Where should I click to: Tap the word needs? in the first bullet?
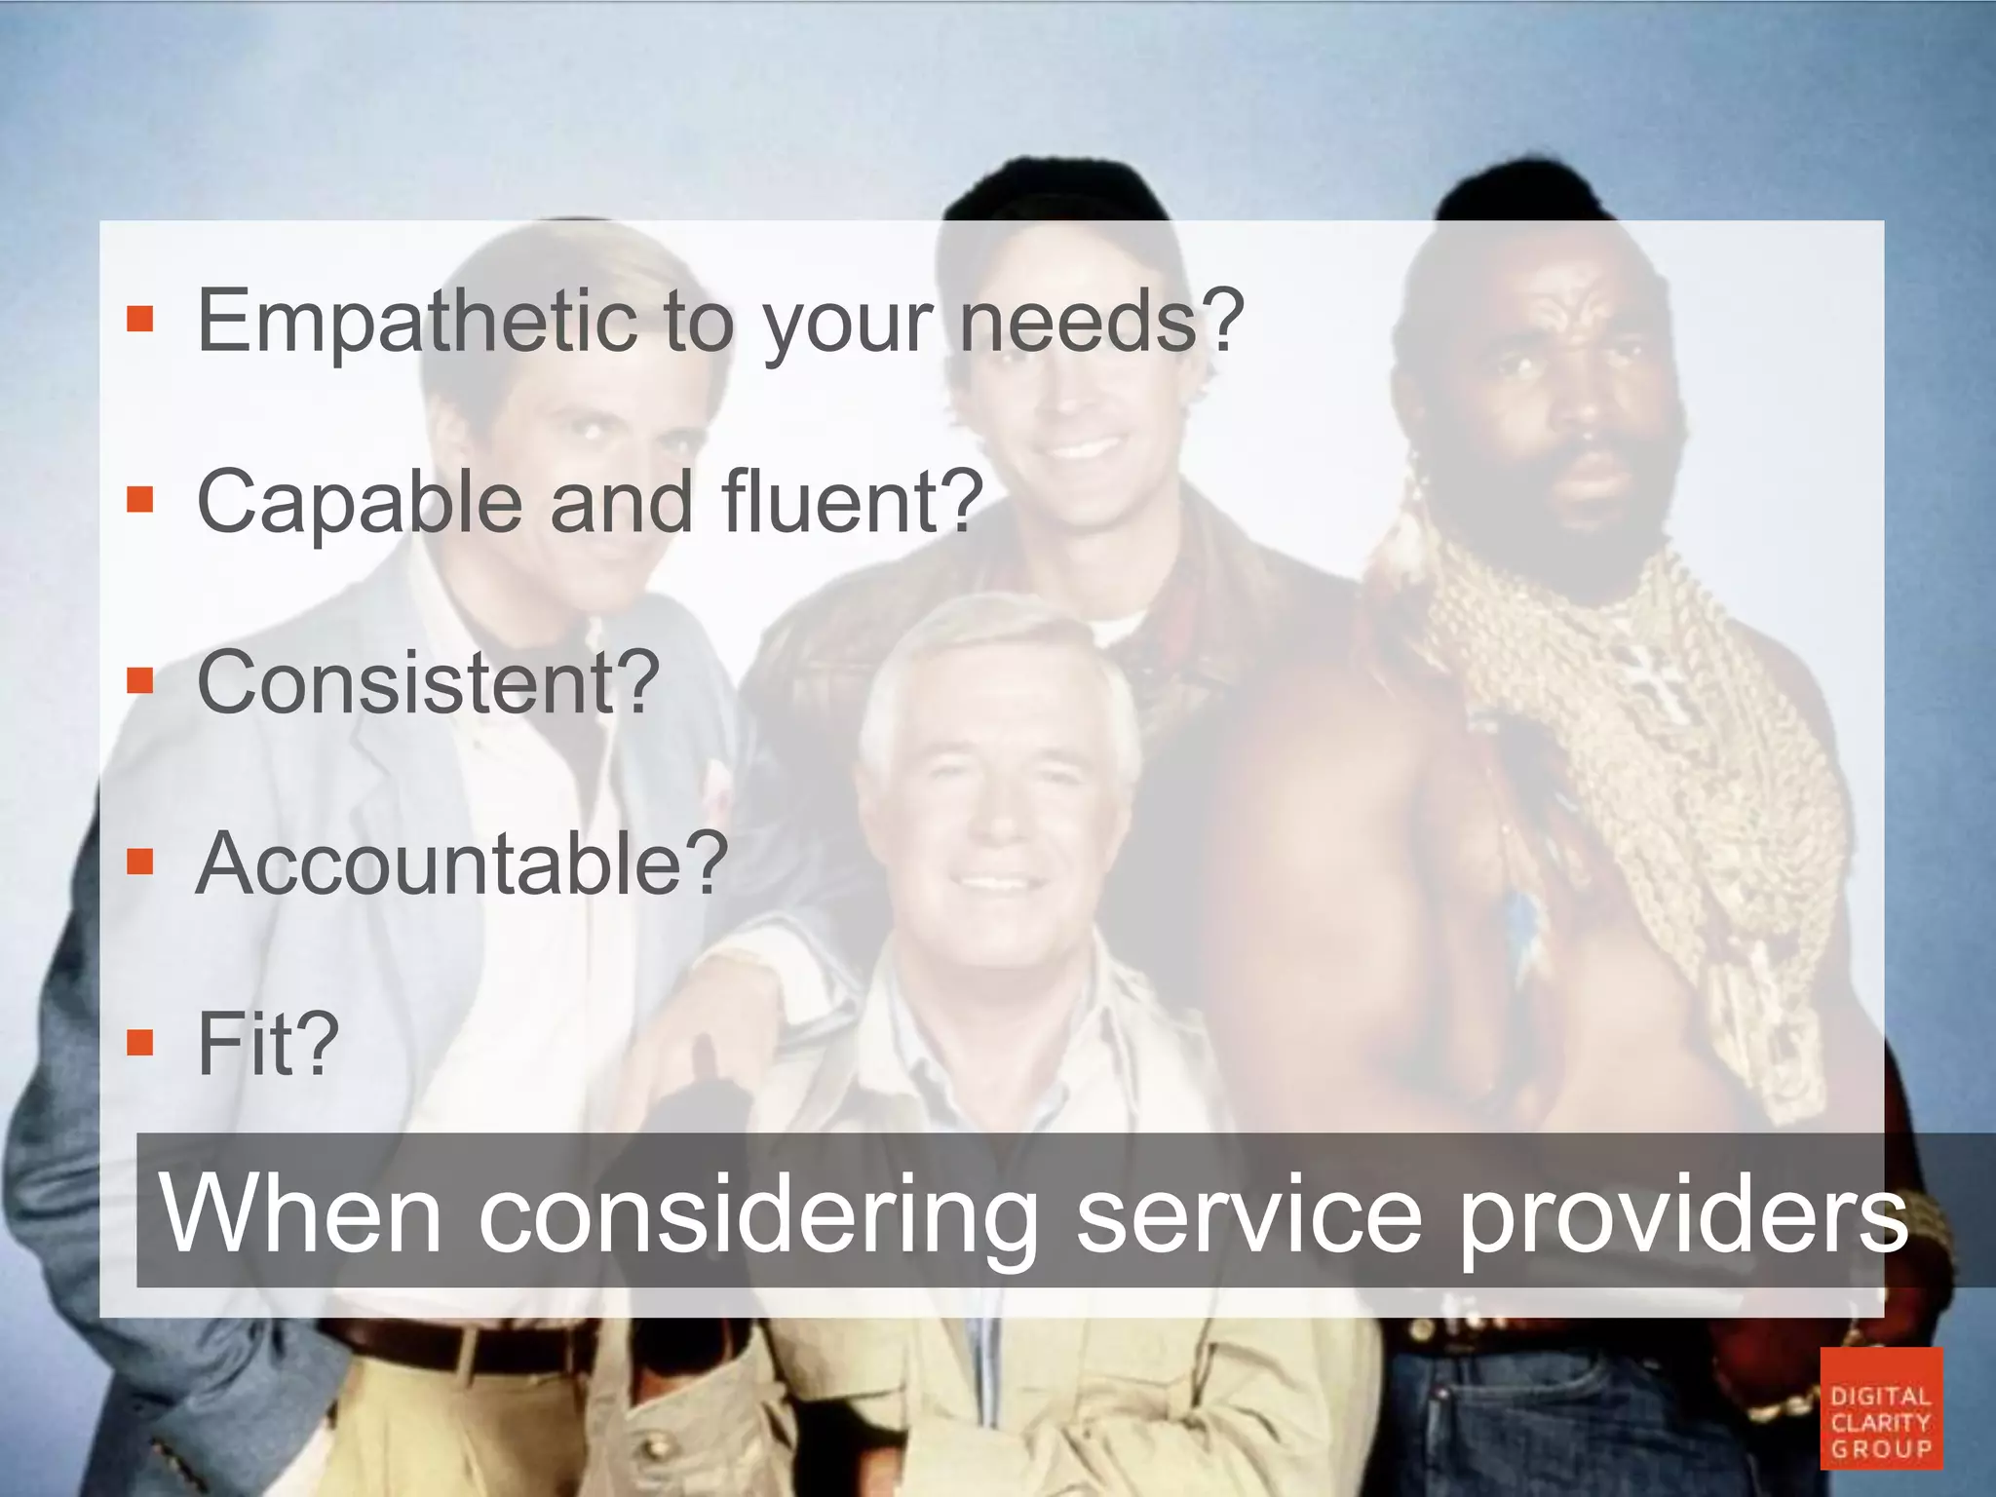click(x=1102, y=322)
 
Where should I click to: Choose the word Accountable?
click(x=462, y=864)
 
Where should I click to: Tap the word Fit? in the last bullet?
click(x=268, y=1044)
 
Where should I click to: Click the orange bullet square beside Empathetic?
click(x=140, y=320)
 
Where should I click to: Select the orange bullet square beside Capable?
click(x=140, y=500)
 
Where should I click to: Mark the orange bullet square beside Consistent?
click(x=140, y=680)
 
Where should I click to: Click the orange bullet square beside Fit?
click(x=140, y=1042)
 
